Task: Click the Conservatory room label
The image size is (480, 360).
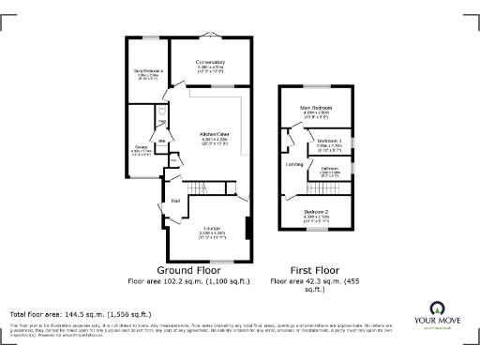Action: (x=210, y=64)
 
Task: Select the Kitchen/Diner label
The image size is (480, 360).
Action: (x=215, y=134)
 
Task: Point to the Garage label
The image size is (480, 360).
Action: (x=140, y=147)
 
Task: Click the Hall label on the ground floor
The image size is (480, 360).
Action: (x=175, y=201)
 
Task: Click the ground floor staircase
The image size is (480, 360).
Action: (x=202, y=190)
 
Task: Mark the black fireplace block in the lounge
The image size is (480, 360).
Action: (x=247, y=229)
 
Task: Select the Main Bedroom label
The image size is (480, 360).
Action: (x=316, y=109)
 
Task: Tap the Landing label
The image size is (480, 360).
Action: (x=294, y=165)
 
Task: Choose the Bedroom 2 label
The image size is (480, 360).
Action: (x=316, y=212)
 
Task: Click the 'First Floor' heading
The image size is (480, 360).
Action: (x=313, y=270)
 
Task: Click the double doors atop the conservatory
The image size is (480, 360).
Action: (x=210, y=37)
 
